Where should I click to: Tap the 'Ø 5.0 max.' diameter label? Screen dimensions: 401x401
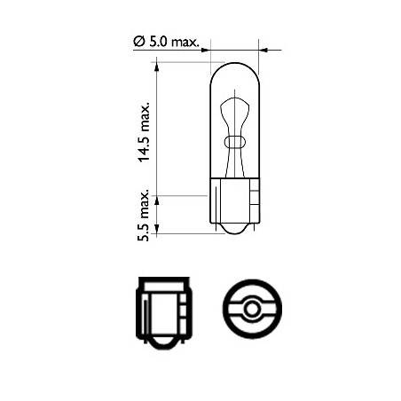point(169,42)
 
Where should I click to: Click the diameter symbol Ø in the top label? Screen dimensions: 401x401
point(138,42)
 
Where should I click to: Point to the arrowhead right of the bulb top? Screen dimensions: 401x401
point(264,51)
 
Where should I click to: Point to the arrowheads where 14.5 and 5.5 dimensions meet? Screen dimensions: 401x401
point(157,194)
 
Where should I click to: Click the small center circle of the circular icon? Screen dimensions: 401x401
point(251,310)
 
